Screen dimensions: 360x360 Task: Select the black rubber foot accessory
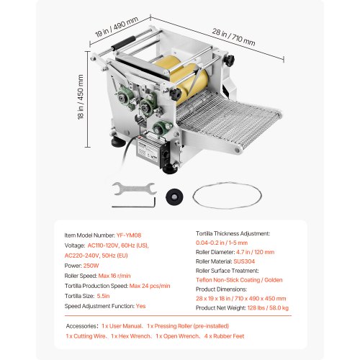coord(174,196)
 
